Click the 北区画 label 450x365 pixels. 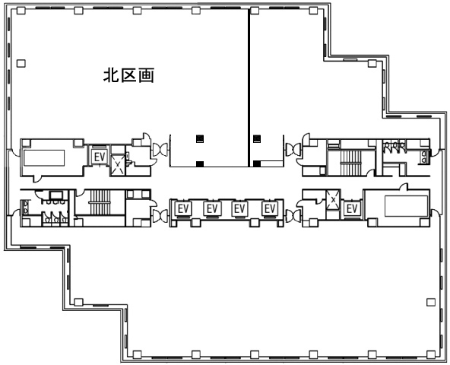[x=129, y=75]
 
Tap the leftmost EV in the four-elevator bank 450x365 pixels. [x=183, y=209]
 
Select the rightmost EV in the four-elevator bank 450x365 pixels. [x=270, y=209]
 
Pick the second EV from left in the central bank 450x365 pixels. [x=212, y=209]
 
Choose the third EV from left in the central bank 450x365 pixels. [x=239, y=209]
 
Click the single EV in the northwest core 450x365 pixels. [x=100, y=157]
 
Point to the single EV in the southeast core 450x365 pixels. [x=352, y=209]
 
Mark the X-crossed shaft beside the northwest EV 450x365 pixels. [x=118, y=164]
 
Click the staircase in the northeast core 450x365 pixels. [x=350, y=163]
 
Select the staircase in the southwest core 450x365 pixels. [x=100, y=202]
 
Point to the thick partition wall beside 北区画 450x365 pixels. [x=249, y=87]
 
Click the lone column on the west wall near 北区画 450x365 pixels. [x=21, y=63]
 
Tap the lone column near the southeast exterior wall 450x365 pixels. [x=431, y=302]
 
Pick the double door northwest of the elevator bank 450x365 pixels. [x=160, y=150]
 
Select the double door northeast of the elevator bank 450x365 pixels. [x=293, y=150]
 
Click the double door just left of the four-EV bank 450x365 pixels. [x=160, y=216]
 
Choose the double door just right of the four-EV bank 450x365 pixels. [x=293, y=216]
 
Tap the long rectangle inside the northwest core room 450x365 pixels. [x=44, y=158]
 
